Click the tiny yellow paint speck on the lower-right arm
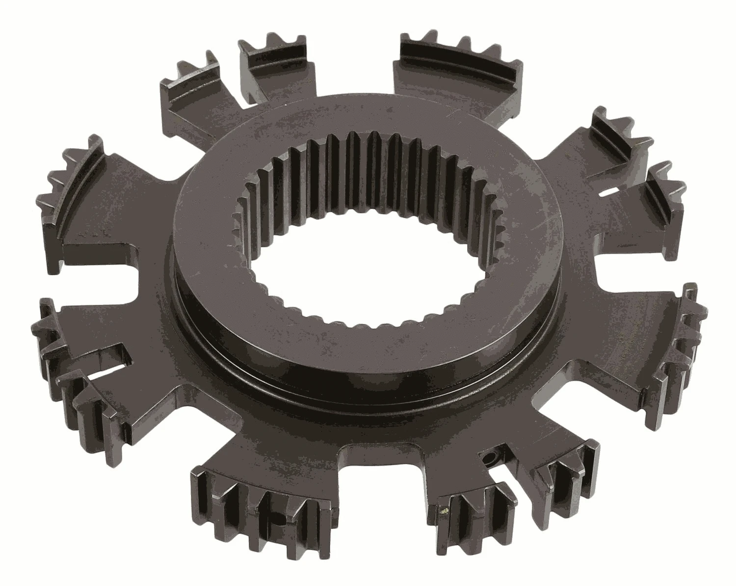point(445,511)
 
